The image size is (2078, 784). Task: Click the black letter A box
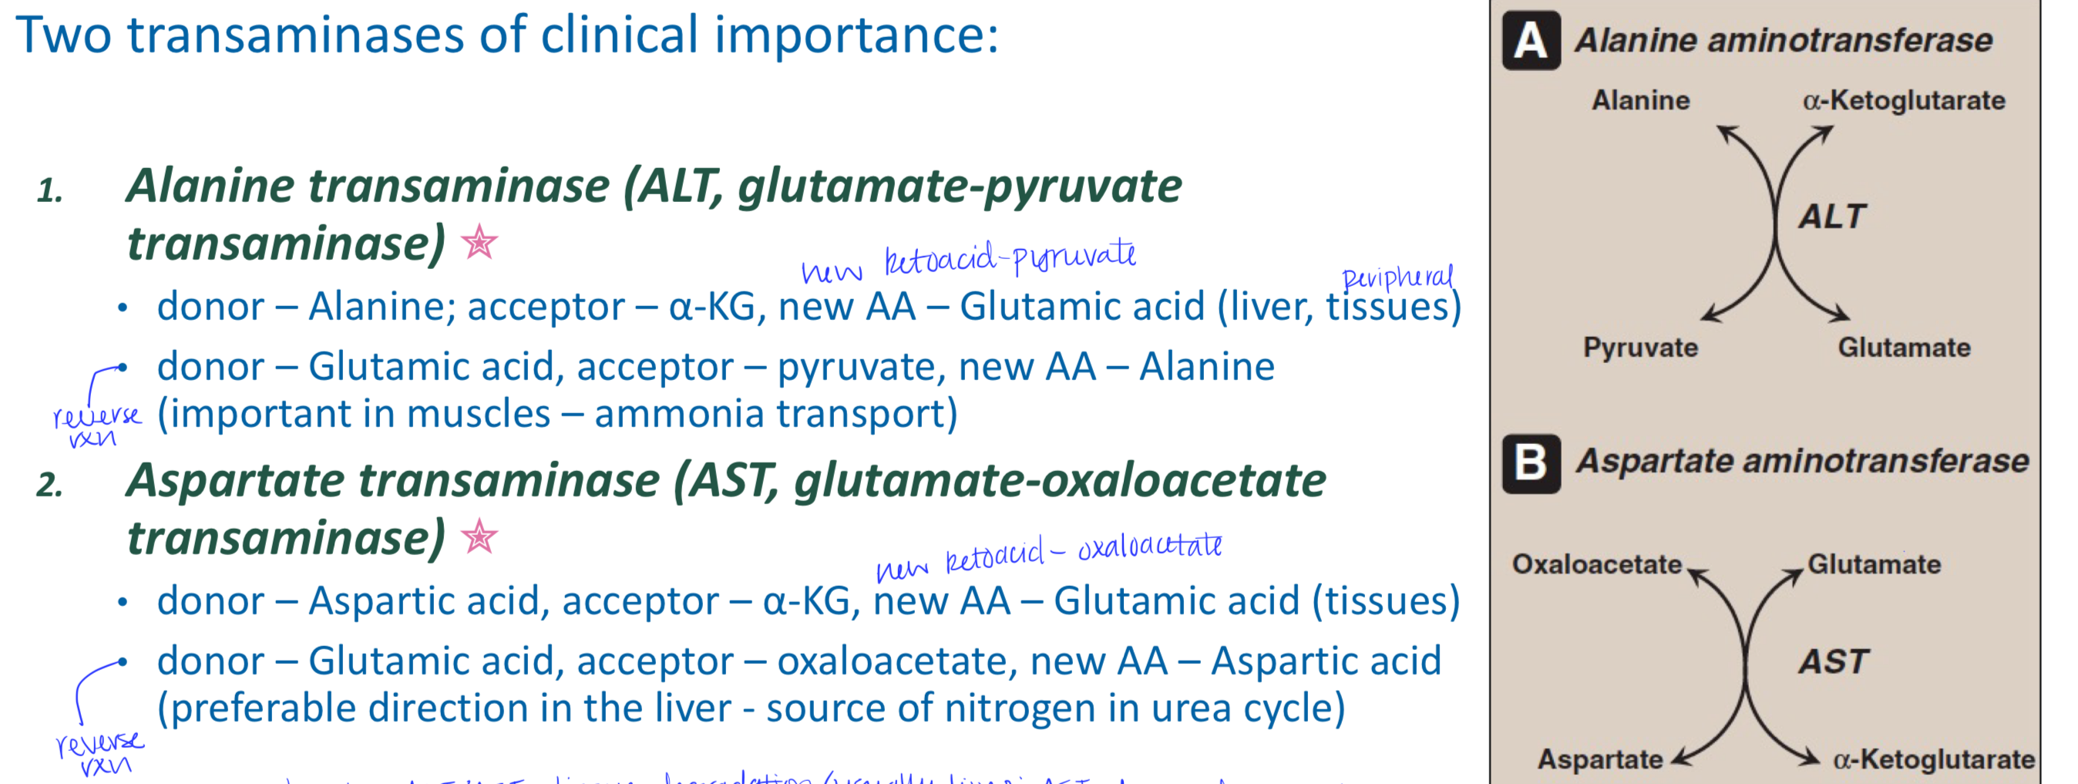tap(1530, 40)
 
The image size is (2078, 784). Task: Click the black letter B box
tap(1530, 463)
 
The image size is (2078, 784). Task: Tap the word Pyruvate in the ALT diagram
tap(1640, 348)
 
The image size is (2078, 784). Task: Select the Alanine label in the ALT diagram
tap(1640, 100)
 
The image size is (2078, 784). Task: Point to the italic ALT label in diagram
tap(1832, 216)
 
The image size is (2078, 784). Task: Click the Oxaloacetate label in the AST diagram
tap(1595, 564)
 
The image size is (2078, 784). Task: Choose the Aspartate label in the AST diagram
tap(1599, 759)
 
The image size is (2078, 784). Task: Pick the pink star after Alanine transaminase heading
tap(479, 242)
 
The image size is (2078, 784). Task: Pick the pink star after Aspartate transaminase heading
tap(479, 537)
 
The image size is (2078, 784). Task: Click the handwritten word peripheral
tap(1397, 277)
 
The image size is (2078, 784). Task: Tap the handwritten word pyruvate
tap(1074, 257)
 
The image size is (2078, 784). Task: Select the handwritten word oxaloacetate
tap(1149, 546)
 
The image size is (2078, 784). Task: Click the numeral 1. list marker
tap(49, 190)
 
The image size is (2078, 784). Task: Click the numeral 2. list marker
tap(49, 485)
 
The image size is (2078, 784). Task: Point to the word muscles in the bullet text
tap(479, 414)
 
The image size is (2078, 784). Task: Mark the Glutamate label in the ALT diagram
tap(1904, 348)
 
